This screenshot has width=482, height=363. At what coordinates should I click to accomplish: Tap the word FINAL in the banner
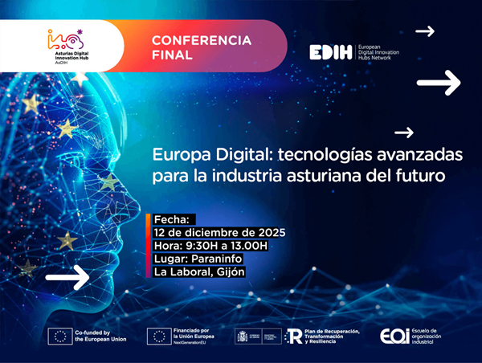point(170,56)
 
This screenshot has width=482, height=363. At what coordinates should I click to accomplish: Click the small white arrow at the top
point(424,31)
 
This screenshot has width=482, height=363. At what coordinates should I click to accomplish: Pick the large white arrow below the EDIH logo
point(438,82)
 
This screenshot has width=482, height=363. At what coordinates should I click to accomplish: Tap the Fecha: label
point(171,218)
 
